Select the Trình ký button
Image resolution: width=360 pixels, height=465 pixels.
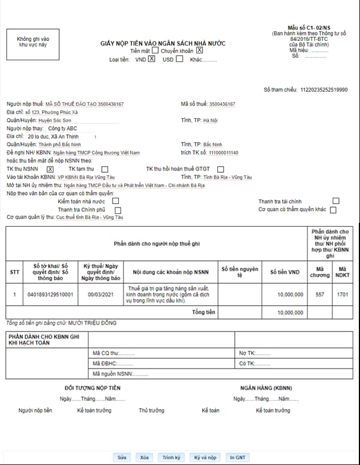[171, 457]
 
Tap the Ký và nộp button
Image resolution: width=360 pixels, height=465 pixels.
[205, 457]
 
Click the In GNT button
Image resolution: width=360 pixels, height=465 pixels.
[238, 457]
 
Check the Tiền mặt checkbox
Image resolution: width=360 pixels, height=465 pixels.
[155, 51]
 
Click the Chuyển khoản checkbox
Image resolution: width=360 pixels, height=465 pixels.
[200, 51]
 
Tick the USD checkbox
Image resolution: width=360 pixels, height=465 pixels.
[180, 59]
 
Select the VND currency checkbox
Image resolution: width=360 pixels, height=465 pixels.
[151, 59]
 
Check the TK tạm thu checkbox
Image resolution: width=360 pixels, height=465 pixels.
[105, 169]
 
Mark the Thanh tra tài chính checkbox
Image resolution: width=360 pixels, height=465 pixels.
[336, 201]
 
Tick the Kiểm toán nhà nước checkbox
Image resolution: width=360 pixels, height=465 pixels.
[116, 201]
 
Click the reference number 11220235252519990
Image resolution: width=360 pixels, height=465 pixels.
[324, 90]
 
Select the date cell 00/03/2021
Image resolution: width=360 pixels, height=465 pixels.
[101, 294]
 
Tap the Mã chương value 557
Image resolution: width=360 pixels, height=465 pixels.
[320, 294]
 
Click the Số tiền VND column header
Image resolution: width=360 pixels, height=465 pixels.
[284, 272]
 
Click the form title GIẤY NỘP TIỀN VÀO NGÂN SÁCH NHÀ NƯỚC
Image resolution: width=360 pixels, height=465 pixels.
[163, 43]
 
